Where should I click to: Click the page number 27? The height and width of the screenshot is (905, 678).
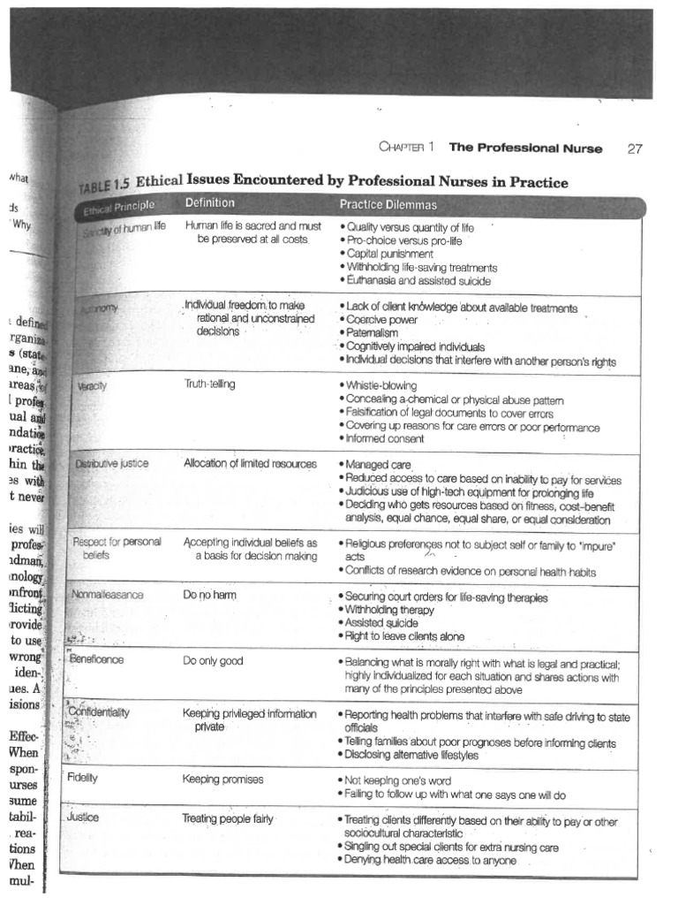coord(634,148)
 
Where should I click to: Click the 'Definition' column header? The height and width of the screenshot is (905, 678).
coord(210,203)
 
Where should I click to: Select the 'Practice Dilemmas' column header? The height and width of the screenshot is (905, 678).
coord(388,205)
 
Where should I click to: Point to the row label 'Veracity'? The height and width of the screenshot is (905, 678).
coord(90,387)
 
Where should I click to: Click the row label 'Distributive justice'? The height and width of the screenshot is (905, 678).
coord(111,463)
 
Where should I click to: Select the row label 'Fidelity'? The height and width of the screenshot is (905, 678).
coord(82,778)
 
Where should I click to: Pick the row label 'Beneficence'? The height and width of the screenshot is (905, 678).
coord(96,659)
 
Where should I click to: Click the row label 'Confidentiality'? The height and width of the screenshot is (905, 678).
coord(99,711)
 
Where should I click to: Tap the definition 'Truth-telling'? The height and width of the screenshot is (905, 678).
coord(210,384)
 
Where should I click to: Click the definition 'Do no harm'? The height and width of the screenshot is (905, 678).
coord(210,596)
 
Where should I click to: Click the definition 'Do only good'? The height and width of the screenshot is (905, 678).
coord(213,660)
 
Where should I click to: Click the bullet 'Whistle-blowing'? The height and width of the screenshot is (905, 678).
coord(381,386)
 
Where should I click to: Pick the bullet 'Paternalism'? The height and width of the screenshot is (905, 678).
coord(373,333)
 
